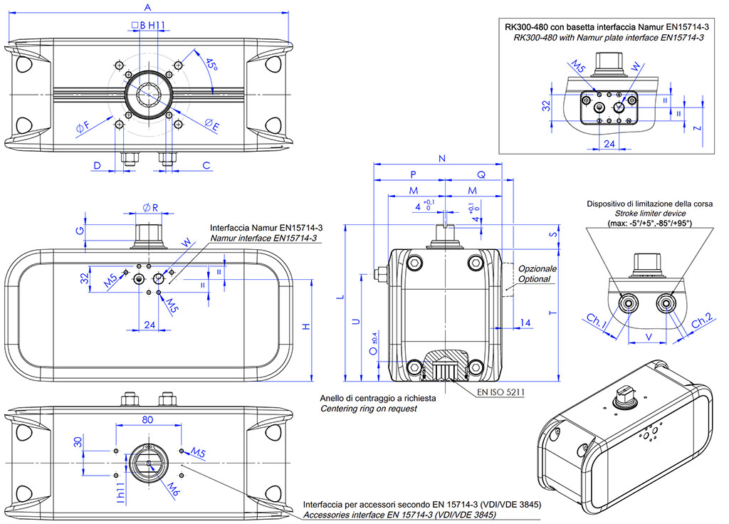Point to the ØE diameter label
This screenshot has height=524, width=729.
click(211, 125)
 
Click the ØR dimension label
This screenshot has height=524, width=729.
click(150, 208)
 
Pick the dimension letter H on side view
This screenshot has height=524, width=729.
click(306, 327)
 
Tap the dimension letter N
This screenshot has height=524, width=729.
click(443, 159)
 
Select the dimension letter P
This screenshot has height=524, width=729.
click(414, 175)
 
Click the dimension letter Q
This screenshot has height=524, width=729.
click(481, 175)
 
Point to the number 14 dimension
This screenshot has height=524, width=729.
click(525, 323)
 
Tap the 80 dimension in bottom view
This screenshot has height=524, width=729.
click(147, 420)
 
